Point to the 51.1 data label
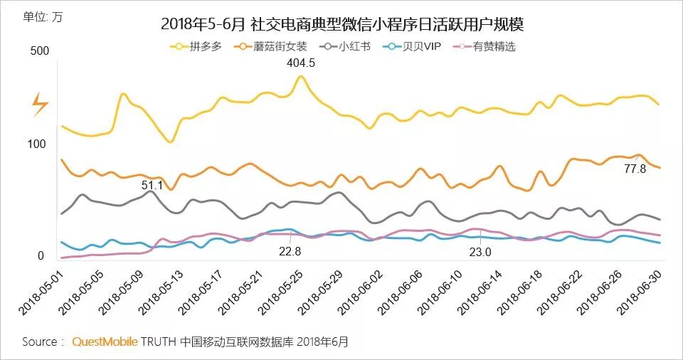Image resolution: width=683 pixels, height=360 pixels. [x=152, y=186]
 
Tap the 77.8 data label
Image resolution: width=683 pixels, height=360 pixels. [x=635, y=169]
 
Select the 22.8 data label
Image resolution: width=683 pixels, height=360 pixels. [x=290, y=250]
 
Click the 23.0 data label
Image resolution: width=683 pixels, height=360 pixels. [x=479, y=251]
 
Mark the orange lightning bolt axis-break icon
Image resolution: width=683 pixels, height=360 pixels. [x=40, y=105]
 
